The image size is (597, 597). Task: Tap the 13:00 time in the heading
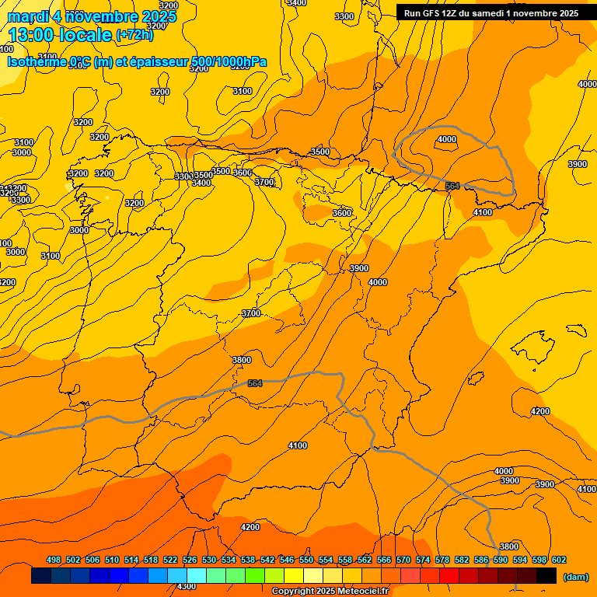pos(31,36)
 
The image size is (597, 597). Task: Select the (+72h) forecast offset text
pos(134,35)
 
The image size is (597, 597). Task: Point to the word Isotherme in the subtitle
pos(36,62)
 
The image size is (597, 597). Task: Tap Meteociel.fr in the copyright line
pos(356,591)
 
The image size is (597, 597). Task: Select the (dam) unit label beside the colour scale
pos(575,576)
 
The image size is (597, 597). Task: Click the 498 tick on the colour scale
pos(54,560)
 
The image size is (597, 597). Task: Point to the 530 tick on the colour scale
pos(209,560)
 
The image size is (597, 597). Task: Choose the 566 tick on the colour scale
pos(384,560)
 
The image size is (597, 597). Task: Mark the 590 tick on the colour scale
pos(501,560)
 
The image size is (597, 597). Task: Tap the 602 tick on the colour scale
pos(559,560)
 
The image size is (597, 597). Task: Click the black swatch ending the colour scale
pos(546,576)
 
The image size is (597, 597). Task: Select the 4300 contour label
pos(187,586)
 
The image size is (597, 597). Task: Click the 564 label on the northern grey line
pos(452,186)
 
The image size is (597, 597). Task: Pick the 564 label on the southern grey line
pos(255,383)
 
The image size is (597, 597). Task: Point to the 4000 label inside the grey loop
pos(446,139)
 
